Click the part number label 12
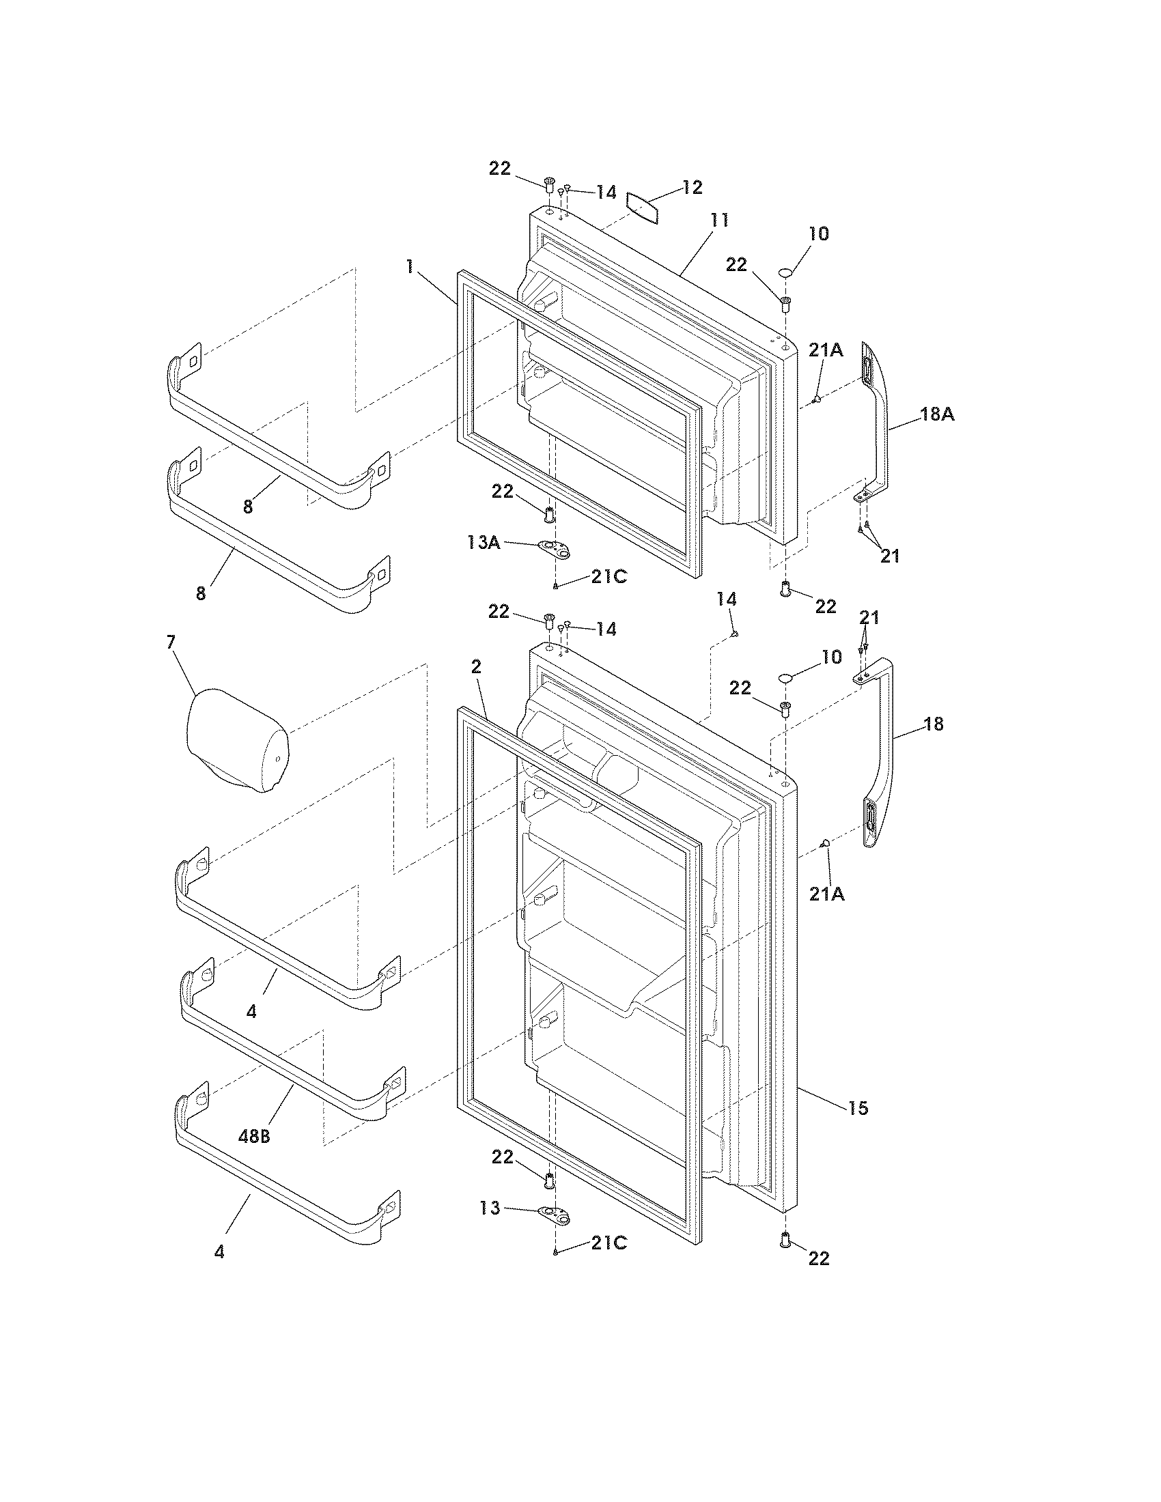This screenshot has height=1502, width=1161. pyautogui.click(x=692, y=188)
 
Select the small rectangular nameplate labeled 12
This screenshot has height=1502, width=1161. pyautogui.click(x=643, y=208)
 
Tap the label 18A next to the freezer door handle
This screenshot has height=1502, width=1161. pyautogui.click(x=938, y=414)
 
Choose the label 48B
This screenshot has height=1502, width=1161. pyautogui.click(x=254, y=1137)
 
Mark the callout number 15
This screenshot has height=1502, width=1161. pyautogui.click(x=858, y=1108)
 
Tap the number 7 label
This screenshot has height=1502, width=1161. pyautogui.click(x=171, y=642)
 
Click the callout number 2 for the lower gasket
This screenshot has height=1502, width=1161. pyautogui.click(x=476, y=666)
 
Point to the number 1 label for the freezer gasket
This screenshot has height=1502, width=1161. pyautogui.click(x=409, y=267)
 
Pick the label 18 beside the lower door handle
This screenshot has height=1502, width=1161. pyautogui.click(x=934, y=724)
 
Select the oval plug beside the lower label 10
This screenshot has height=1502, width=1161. pyautogui.click(x=785, y=679)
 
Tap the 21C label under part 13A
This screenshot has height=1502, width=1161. pyautogui.click(x=608, y=577)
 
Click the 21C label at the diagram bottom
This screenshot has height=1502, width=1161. pyautogui.click(x=608, y=1243)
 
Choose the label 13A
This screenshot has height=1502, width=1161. pyautogui.click(x=483, y=543)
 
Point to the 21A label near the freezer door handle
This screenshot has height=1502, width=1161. pyautogui.click(x=826, y=350)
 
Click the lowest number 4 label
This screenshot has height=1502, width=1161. pyautogui.click(x=219, y=1252)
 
